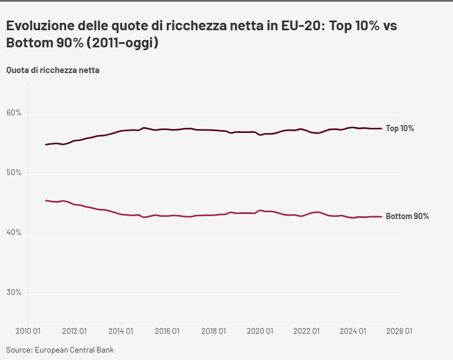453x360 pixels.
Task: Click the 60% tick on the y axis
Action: point(14,112)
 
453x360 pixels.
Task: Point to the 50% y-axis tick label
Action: point(14,172)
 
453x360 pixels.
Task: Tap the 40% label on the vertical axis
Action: point(14,232)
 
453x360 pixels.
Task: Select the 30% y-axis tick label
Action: point(14,292)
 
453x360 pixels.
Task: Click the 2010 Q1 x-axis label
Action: point(27,330)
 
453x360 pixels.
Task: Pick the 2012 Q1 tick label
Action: point(74,330)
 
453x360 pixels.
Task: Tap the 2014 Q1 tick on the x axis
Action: point(121,330)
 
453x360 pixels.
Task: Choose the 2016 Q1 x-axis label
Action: point(167,330)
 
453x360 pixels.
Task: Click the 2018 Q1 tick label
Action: point(214,330)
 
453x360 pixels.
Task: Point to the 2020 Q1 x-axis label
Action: point(260,330)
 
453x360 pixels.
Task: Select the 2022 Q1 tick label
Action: point(306,330)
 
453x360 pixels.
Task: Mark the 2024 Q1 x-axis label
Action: point(353,330)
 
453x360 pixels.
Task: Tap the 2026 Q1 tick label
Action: point(399,330)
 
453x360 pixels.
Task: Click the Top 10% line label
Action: point(400,128)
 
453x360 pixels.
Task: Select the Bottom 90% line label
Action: point(407,216)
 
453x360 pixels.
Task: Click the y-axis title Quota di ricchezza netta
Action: point(53,70)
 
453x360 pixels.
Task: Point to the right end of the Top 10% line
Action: point(381,128)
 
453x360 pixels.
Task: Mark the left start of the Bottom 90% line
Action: point(46,200)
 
